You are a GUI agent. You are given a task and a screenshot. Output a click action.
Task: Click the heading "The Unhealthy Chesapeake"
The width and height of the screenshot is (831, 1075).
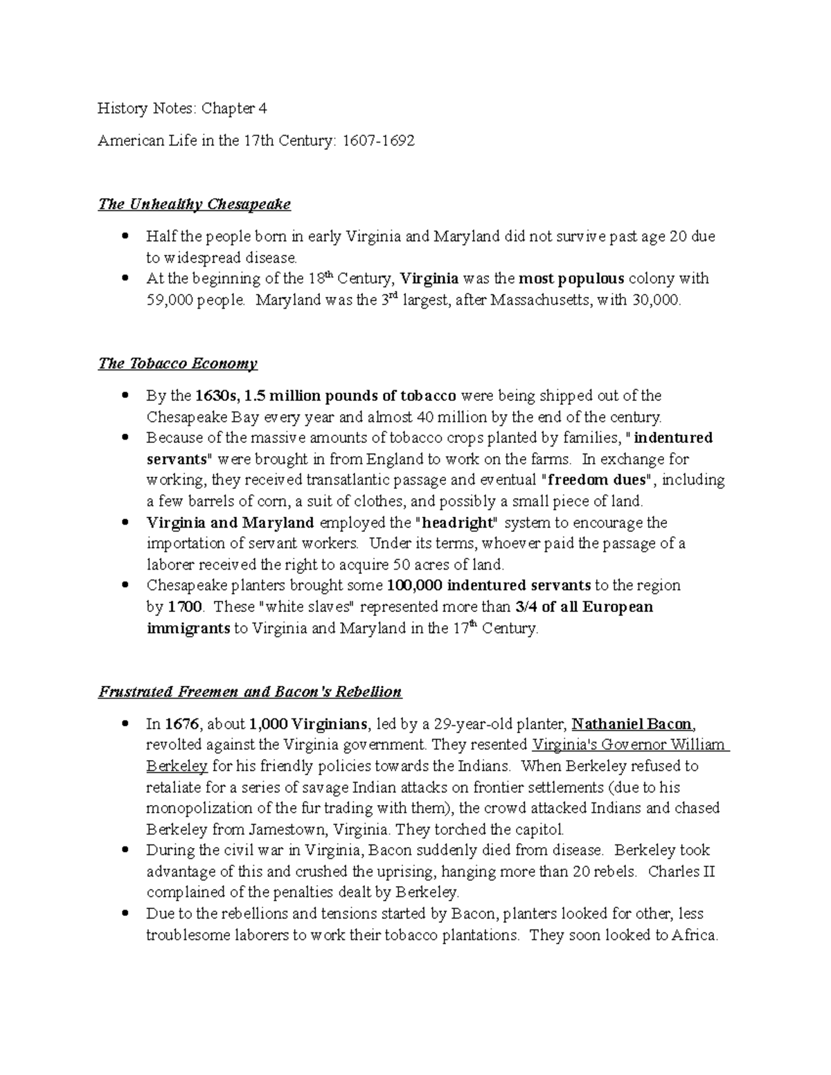(x=194, y=204)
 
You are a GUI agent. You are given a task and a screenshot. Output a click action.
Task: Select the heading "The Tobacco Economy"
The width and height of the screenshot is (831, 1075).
(x=177, y=363)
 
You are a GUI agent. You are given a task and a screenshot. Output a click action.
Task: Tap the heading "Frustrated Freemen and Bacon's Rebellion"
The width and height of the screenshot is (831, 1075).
(x=249, y=692)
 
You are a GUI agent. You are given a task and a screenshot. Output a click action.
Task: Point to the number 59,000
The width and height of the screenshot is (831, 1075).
(x=170, y=300)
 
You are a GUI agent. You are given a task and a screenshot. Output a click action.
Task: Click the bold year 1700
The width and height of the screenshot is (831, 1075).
(x=186, y=607)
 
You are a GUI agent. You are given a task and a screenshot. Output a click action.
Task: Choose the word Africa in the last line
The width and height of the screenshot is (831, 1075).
(x=695, y=935)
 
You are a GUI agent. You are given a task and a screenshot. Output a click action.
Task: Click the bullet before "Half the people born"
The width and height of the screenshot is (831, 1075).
(x=125, y=236)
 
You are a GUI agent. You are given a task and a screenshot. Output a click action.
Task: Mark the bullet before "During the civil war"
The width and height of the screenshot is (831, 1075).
(x=125, y=850)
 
